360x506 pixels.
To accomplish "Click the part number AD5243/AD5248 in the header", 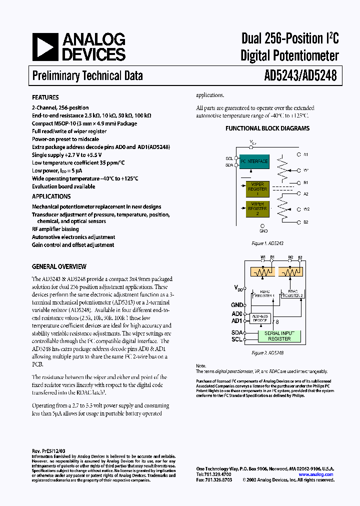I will click(x=300, y=75).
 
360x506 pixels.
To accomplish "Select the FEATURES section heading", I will click(x=45, y=97).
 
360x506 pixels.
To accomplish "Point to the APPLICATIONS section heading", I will click(x=51, y=196).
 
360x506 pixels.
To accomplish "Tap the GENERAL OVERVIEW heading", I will click(x=59, y=266).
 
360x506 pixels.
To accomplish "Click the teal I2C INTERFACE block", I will click(x=254, y=161).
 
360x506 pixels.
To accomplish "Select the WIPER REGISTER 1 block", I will click(x=257, y=189).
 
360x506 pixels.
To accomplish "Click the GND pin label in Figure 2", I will click(x=236, y=304).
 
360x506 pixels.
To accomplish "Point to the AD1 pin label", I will click(x=236, y=320).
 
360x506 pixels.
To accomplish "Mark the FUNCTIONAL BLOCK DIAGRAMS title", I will click(x=267, y=128).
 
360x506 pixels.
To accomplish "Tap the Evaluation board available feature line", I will click(x=63, y=186).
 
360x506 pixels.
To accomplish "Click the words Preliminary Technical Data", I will click(x=87, y=75).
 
